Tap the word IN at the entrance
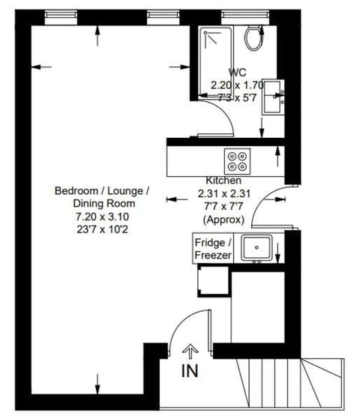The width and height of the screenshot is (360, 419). (190, 371)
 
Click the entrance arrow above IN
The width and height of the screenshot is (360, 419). (190, 350)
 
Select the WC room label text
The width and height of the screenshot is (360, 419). (237, 72)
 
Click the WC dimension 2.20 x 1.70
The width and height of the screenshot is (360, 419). (237, 85)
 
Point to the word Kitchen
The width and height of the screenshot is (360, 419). (223, 181)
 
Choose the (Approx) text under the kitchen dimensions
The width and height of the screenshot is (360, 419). (223, 219)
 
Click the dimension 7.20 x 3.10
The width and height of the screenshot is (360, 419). (101, 216)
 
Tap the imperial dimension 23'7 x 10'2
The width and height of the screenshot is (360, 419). (101, 229)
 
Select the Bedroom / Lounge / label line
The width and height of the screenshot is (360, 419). (102, 190)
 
